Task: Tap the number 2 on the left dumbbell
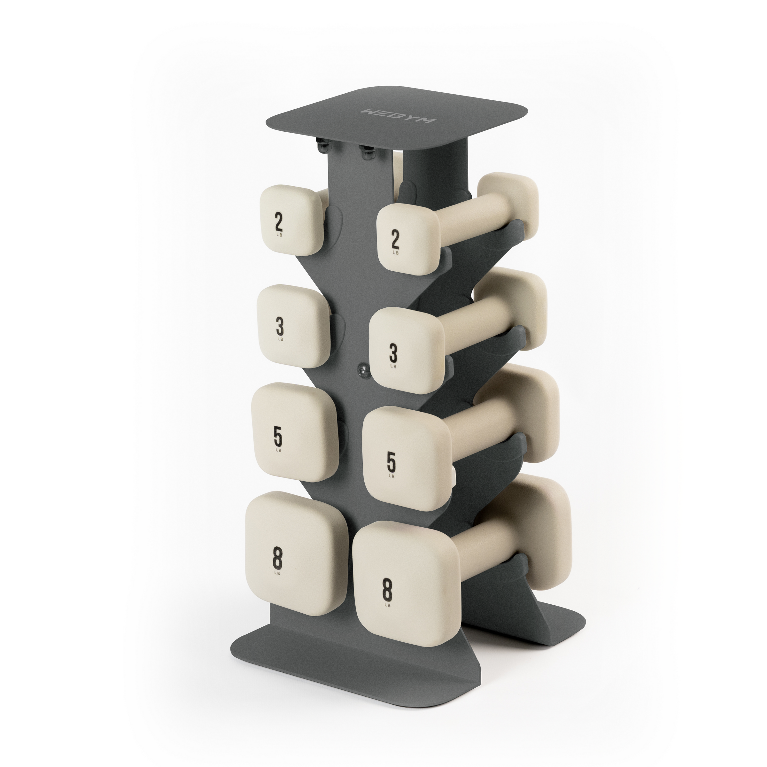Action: (279, 223)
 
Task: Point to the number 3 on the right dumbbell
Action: (393, 353)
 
